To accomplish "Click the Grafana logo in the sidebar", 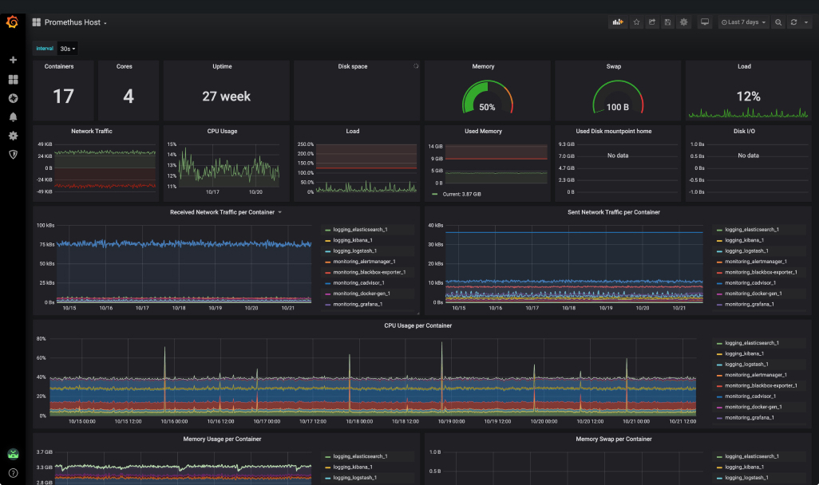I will tap(13, 22).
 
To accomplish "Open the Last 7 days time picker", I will tap(743, 22).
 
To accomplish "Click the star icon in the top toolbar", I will tap(636, 22).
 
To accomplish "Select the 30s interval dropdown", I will tap(68, 49).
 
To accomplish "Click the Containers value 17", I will tap(63, 97).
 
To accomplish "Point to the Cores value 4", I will tap(129, 97).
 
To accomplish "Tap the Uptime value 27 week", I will tap(226, 97).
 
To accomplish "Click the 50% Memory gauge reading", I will tap(487, 107).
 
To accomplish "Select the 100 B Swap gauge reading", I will tap(617, 107).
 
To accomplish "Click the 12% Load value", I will tap(748, 97).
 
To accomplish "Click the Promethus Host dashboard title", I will tap(73, 22).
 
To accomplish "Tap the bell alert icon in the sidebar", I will tap(13, 117).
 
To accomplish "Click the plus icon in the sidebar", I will tap(13, 60).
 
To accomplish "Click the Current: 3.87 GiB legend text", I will tap(463, 194).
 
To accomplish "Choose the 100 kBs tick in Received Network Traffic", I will tap(45, 225).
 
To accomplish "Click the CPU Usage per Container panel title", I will tap(417, 325).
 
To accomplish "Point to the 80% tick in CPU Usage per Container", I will tap(41, 338).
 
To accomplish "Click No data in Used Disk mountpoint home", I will tap(616, 156).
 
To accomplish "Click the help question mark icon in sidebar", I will tap(13, 472).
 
